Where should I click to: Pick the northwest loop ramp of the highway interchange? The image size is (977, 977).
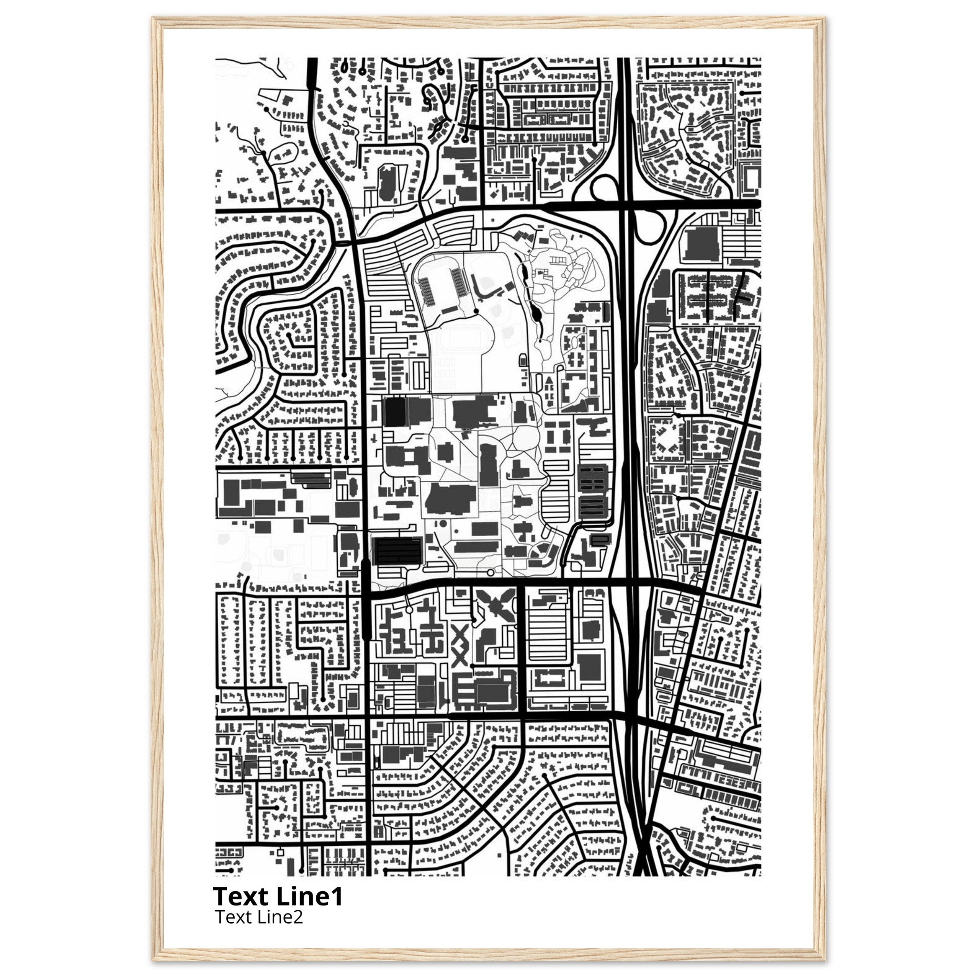point(605,190)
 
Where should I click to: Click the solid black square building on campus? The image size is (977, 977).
point(395,412)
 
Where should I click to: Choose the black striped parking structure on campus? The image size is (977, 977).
point(397,551)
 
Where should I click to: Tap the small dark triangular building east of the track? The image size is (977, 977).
point(548,380)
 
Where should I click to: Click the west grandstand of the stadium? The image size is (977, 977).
point(427,291)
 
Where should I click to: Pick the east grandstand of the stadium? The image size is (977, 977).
point(457,281)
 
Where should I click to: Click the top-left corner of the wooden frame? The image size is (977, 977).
point(153,19)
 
